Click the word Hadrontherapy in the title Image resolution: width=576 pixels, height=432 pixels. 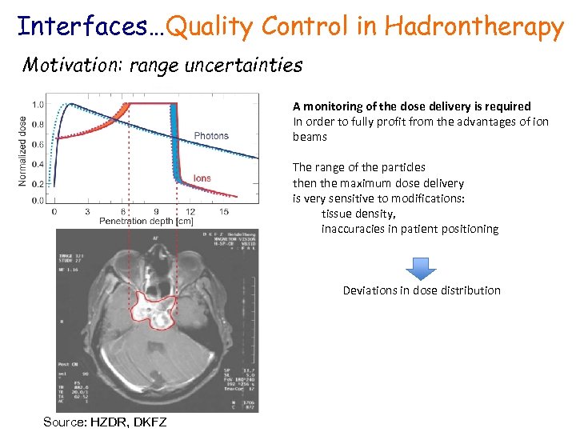(x=474, y=27)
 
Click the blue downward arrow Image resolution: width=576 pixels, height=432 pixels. (x=422, y=267)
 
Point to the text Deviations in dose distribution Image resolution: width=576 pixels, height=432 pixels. (x=422, y=290)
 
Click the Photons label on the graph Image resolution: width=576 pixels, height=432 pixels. (x=211, y=136)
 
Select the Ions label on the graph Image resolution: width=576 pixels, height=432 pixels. (x=202, y=178)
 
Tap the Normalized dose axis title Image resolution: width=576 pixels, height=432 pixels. (x=22, y=150)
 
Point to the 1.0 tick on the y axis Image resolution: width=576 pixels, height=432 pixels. (x=38, y=105)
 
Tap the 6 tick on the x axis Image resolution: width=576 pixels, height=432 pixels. (x=122, y=211)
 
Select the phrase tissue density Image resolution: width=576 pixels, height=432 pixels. (x=358, y=214)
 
